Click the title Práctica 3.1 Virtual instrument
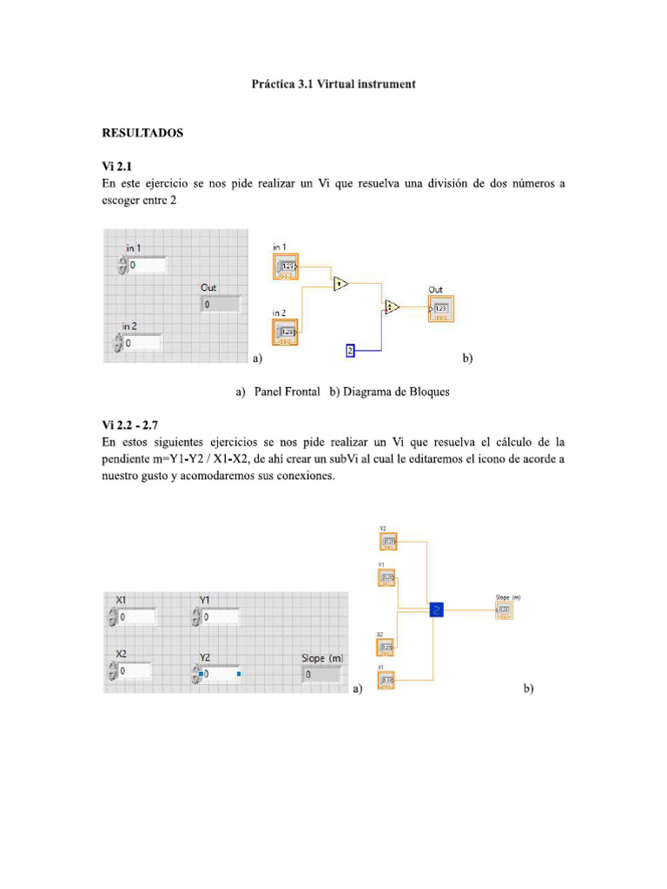click(x=333, y=84)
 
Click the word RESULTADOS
click(x=143, y=134)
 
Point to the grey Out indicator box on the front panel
click(x=220, y=304)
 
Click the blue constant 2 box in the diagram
click(x=350, y=351)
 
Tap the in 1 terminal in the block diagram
click(x=285, y=267)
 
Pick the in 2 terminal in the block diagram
click(x=285, y=331)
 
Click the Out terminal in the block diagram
click(x=440, y=308)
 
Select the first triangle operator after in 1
click(x=340, y=283)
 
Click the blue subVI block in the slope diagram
click(x=436, y=609)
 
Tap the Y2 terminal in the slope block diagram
click(x=388, y=542)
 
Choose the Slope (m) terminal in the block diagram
click(x=504, y=610)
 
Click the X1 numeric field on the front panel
click(x=137, y=617)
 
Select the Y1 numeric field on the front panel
click(x=220, y=617)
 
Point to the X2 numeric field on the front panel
click(x=135, y=671)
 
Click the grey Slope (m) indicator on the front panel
click(x=322, y=675)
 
